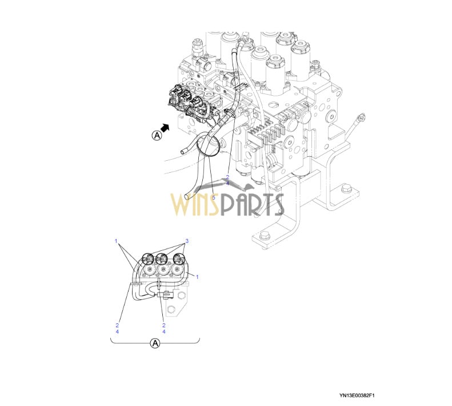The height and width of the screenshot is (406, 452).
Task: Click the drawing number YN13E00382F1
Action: [x=357, y=395]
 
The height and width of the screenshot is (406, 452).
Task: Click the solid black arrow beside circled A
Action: [x=165, y=128]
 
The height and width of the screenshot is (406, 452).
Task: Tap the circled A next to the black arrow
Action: [x=157, y=135]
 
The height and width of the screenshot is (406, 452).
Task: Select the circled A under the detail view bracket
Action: [x=155, y=343]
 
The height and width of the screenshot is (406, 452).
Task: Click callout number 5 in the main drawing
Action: [x=213, y=198]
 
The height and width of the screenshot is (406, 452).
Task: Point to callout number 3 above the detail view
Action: [x=187, y=241]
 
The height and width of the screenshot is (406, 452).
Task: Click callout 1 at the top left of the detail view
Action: [x=116, y=241]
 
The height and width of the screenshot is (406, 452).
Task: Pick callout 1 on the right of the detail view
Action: [x=197, y=277]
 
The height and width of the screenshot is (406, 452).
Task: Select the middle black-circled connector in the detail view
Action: [x=162, y=260]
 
